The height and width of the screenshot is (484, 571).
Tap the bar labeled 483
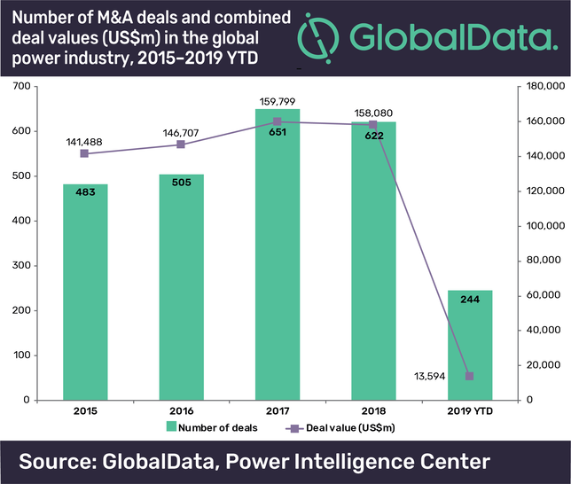tap(85, 292)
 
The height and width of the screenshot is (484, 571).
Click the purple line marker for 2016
tap(181, 144)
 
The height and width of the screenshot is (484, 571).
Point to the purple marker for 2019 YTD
tap(469, 377)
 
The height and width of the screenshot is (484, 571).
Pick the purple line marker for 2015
tap(85, 153)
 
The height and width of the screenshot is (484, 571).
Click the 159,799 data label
tap(278, 101)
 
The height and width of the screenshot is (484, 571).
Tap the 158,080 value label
tap(373, 104)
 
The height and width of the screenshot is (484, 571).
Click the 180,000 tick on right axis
tap(544, 87)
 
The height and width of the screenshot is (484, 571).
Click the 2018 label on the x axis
tap(373, 412)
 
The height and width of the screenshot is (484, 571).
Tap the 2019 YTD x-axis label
tap(469, 412)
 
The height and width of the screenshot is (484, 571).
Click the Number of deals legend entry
tap(213, 429)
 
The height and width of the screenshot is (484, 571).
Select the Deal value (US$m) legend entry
tap(340, 429)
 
